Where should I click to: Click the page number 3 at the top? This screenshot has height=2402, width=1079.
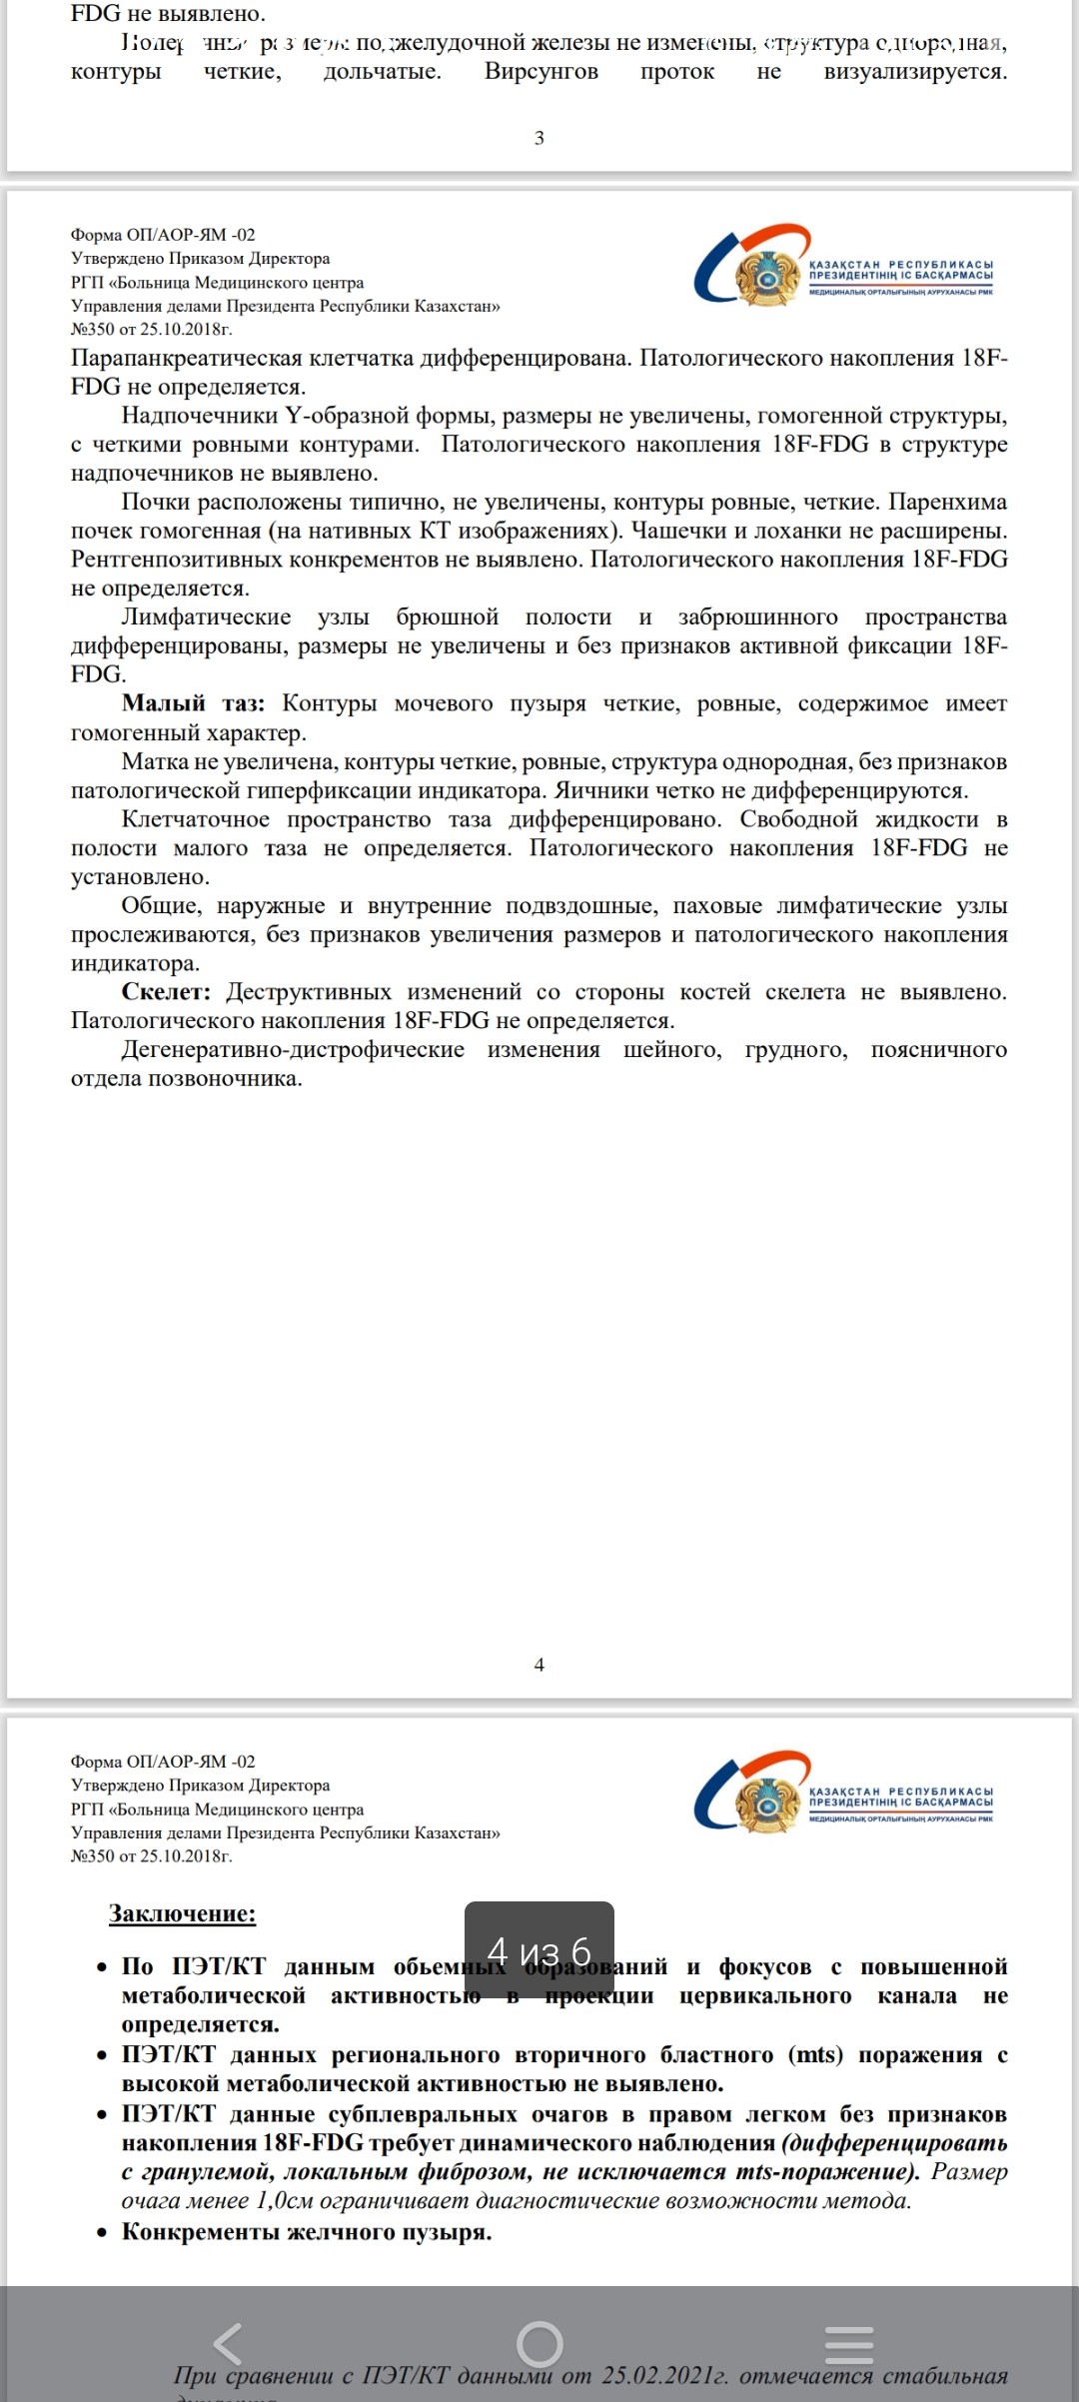[539, 138]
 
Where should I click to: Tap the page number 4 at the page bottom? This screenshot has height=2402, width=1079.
[539, 1665]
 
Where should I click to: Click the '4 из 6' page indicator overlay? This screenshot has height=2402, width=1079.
[539, 1949]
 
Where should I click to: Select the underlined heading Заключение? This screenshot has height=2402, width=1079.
[182, 1913]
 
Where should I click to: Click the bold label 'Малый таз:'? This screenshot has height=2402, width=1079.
[193, 703]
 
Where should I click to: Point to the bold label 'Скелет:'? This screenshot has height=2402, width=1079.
[166, 992]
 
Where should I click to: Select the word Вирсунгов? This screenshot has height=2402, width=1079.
[541, 71]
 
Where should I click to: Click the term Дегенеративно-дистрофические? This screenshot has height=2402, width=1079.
[293, 1049]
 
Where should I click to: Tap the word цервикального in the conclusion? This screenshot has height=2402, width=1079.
[765, 1995]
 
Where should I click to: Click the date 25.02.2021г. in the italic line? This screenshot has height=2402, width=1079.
[664, 2375]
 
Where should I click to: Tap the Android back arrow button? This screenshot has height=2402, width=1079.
[229, 2343]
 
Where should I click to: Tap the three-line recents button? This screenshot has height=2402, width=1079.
[849, 2343]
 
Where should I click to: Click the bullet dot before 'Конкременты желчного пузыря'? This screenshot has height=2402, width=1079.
[102, 2232]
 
